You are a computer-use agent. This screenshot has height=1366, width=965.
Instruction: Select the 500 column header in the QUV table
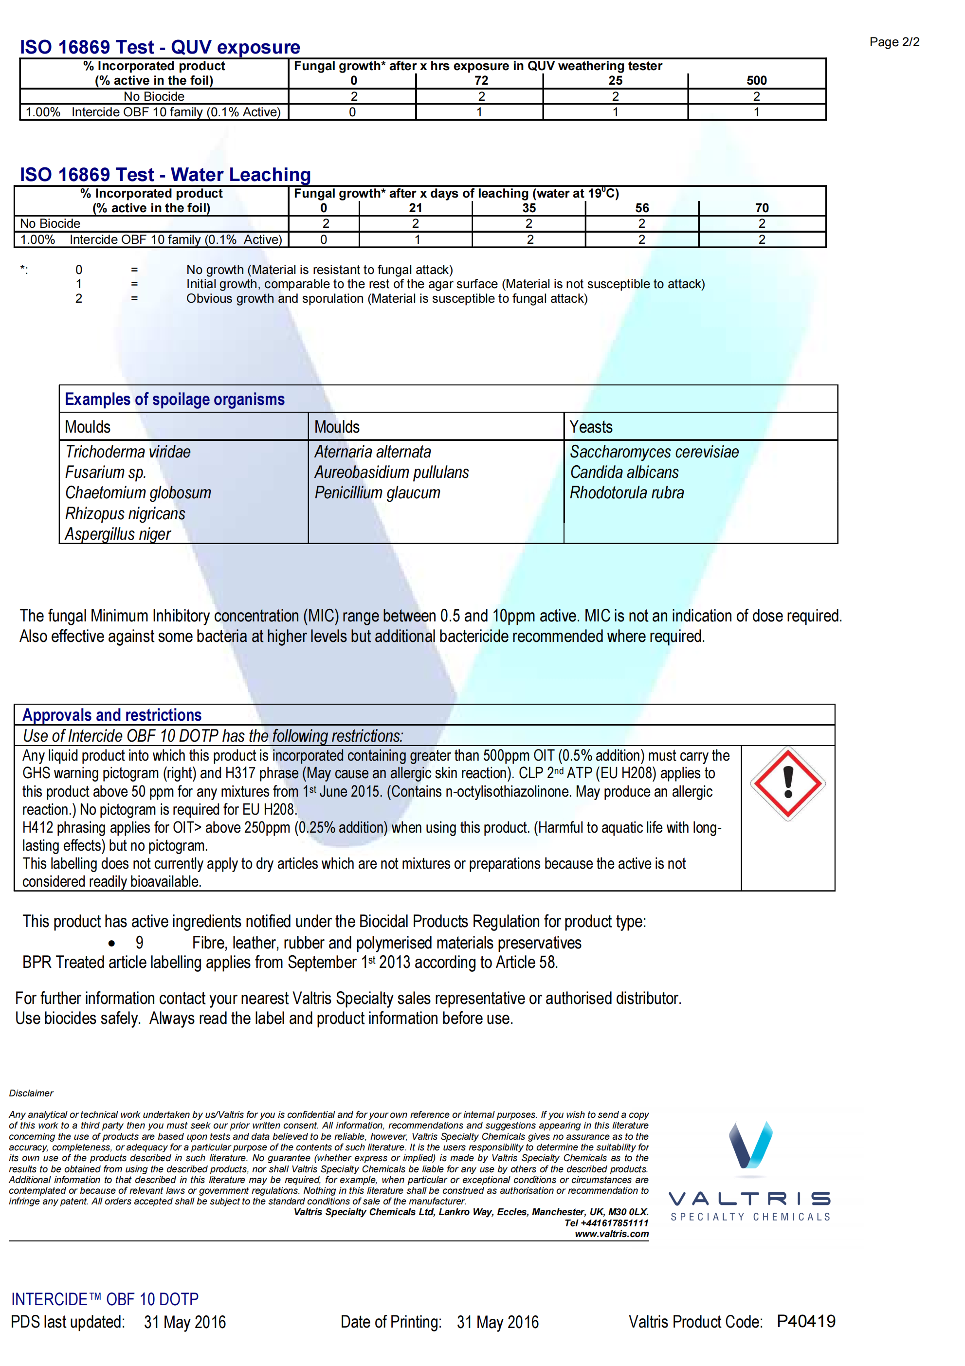point(756,80)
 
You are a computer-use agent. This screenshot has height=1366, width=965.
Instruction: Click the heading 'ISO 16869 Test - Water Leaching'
point(165,174)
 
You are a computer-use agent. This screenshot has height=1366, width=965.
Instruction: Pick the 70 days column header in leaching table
point(762,208)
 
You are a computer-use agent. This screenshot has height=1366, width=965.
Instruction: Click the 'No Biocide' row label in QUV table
point(154,96)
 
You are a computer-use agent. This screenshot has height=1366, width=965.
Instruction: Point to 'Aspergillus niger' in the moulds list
point(118,534)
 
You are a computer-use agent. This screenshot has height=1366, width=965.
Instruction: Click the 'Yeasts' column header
point(591,427)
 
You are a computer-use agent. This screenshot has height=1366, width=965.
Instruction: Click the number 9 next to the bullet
point(139,943)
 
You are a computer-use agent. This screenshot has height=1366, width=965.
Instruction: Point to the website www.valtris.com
point(611,1234)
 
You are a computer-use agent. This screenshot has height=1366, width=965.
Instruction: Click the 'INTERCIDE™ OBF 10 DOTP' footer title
point(105,1299)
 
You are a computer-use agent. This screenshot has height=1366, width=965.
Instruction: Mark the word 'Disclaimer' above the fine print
point(31,1093)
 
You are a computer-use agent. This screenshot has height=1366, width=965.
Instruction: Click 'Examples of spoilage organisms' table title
point(174,399)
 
